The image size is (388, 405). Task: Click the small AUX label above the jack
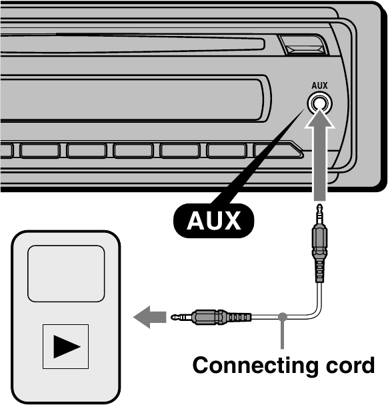319,85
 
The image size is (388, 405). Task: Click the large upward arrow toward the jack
319,153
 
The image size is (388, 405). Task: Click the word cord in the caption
347,366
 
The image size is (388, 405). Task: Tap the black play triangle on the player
65,346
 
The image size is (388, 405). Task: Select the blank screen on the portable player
65,273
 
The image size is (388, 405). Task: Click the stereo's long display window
133,97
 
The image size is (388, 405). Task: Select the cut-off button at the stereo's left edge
6,150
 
